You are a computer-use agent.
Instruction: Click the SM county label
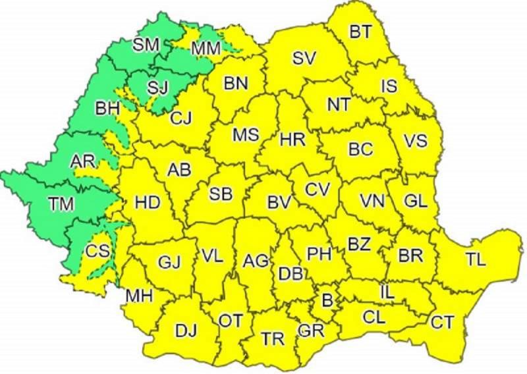[x=146, y=45]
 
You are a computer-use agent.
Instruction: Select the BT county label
[x=360, y=31]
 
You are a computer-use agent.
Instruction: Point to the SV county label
[x=304, y=59]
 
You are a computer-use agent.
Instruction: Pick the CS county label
[x=98, y=252]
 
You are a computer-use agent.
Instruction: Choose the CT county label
[x=442, y=323]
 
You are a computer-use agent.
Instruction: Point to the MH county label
[x=139, y=296]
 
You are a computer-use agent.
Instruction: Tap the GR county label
[x=309, y=331]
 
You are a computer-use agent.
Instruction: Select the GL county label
[x=415, y=202]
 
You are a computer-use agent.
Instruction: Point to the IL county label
[x=387, y=290]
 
